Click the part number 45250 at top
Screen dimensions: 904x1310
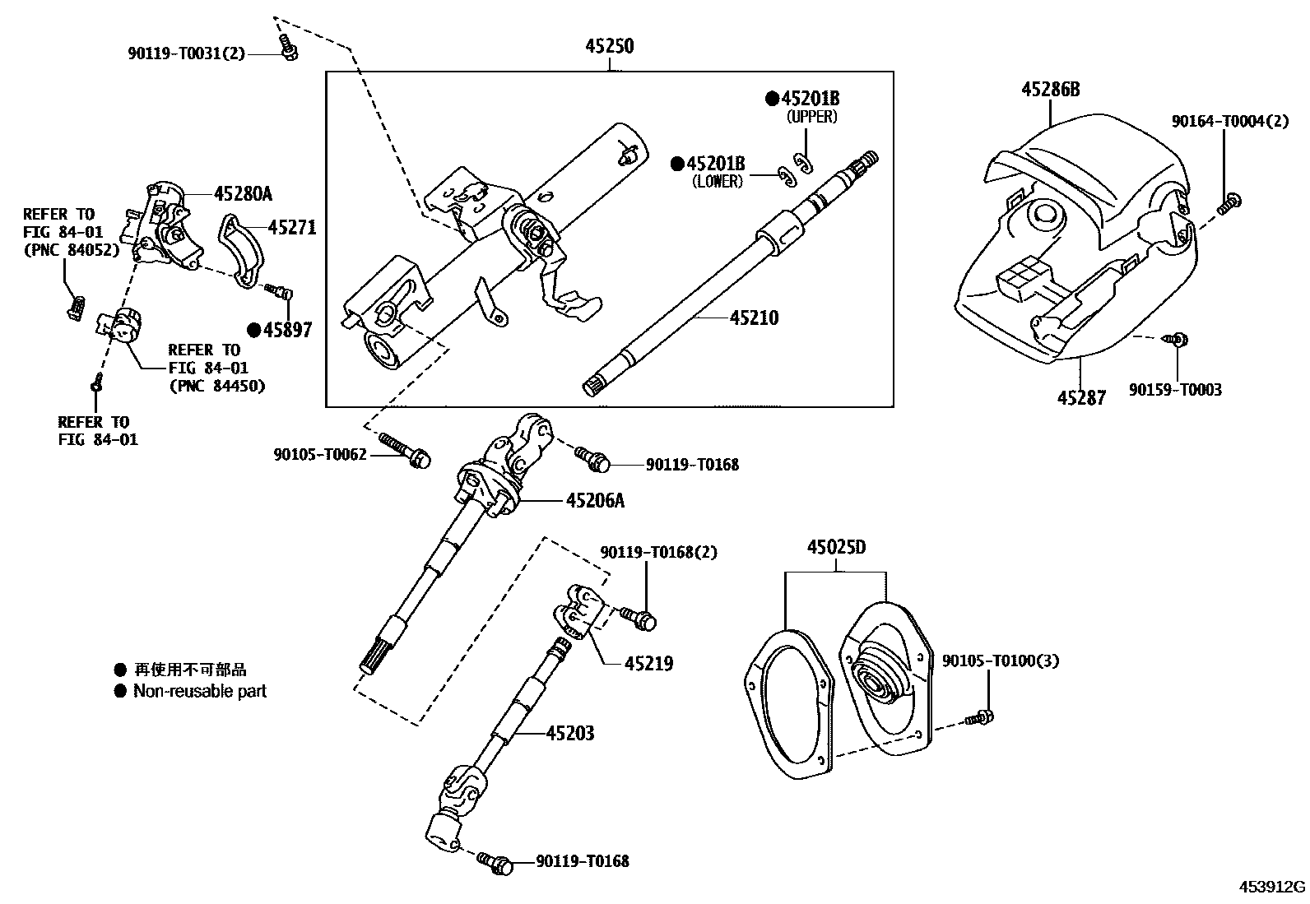click(609, 46)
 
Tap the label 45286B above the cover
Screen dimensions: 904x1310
click(1050, 90)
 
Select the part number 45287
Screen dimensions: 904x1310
click(1081, 398)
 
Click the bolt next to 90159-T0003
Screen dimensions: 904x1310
click(1177, 339)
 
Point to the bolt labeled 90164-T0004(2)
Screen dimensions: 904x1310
click(1229, 202)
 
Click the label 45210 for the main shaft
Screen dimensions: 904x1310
click(754, 318)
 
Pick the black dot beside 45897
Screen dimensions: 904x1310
click(253, 330)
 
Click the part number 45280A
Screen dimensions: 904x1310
click(243, 194)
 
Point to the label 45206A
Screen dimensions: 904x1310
click(595, 499)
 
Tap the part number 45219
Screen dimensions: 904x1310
click(648, 663)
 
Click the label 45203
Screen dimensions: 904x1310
click(569, 733)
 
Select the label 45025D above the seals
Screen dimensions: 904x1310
click(837, 548)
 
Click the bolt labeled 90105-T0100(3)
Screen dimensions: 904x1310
click(981, 718)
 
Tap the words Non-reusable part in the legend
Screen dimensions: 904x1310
click(200, 692)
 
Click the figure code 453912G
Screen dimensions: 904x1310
click(1273, 887)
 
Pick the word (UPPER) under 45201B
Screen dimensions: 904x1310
click(811, 117)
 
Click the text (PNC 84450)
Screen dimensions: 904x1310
click(216, 385)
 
